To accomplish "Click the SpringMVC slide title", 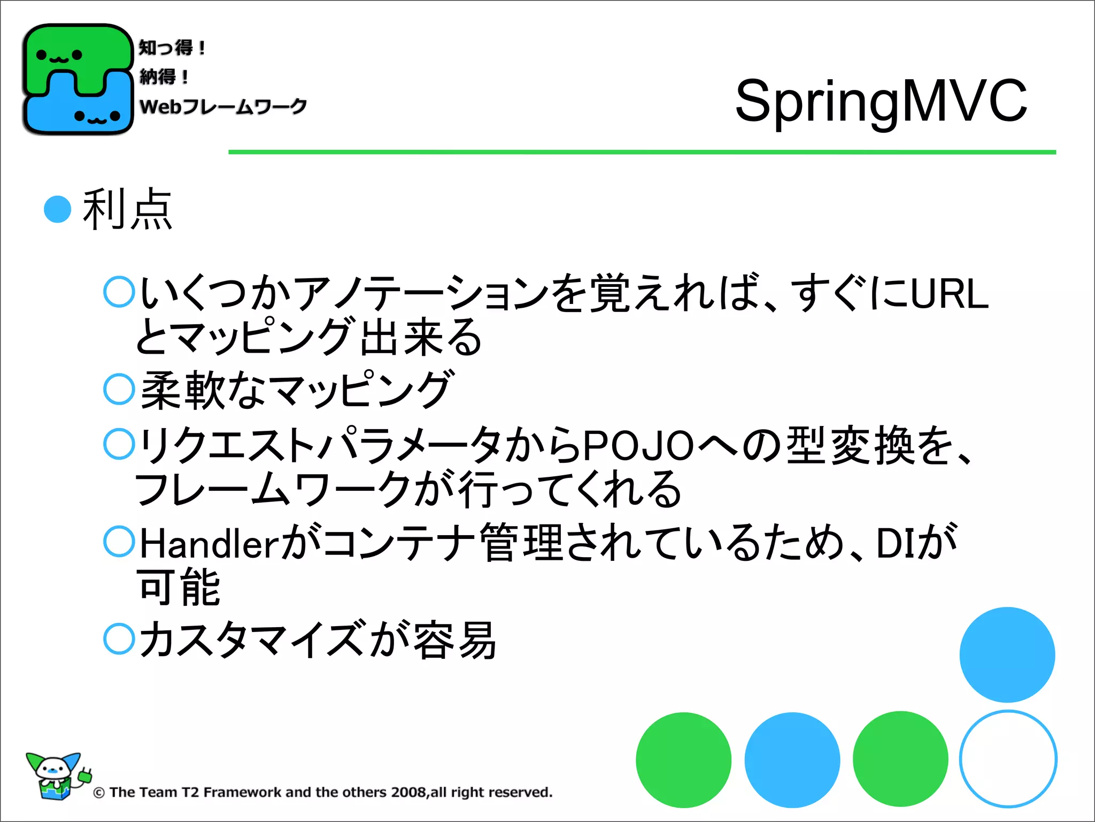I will click(881, 101).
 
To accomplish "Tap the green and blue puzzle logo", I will click(78, 79).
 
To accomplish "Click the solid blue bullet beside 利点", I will click(58, 209).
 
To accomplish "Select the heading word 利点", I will click(127, 209).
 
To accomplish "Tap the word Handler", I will click(209, 544).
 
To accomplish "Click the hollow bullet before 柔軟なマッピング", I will click(119, 389).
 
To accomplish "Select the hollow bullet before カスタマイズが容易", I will click(119, 638).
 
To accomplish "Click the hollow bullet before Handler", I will click(119, 542).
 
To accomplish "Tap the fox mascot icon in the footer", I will click(56, 776).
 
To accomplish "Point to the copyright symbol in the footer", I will click(99, 793).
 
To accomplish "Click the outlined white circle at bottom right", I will click(1008, 759).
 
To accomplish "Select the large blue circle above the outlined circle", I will click(1007, 654).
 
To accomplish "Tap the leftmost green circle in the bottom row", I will click(683, 760).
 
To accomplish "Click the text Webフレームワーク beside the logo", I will click(223, 106).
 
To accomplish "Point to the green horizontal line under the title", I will click(642, 153).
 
